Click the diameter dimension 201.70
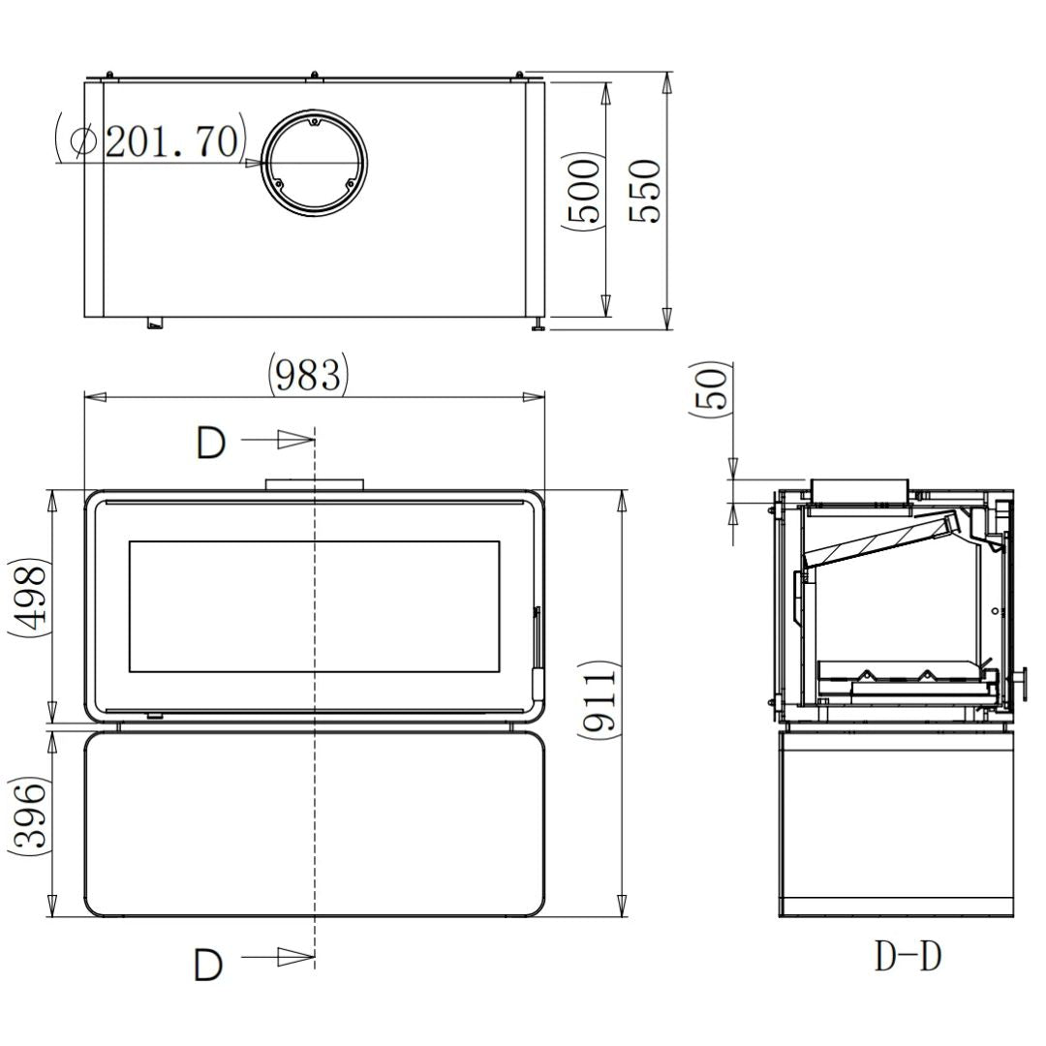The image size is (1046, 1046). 150,140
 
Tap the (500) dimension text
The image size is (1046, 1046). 582,191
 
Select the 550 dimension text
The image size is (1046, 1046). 644,191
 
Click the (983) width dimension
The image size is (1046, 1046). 307,374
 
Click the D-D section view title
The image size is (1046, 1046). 908,956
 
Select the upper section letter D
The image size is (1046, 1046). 211,443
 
